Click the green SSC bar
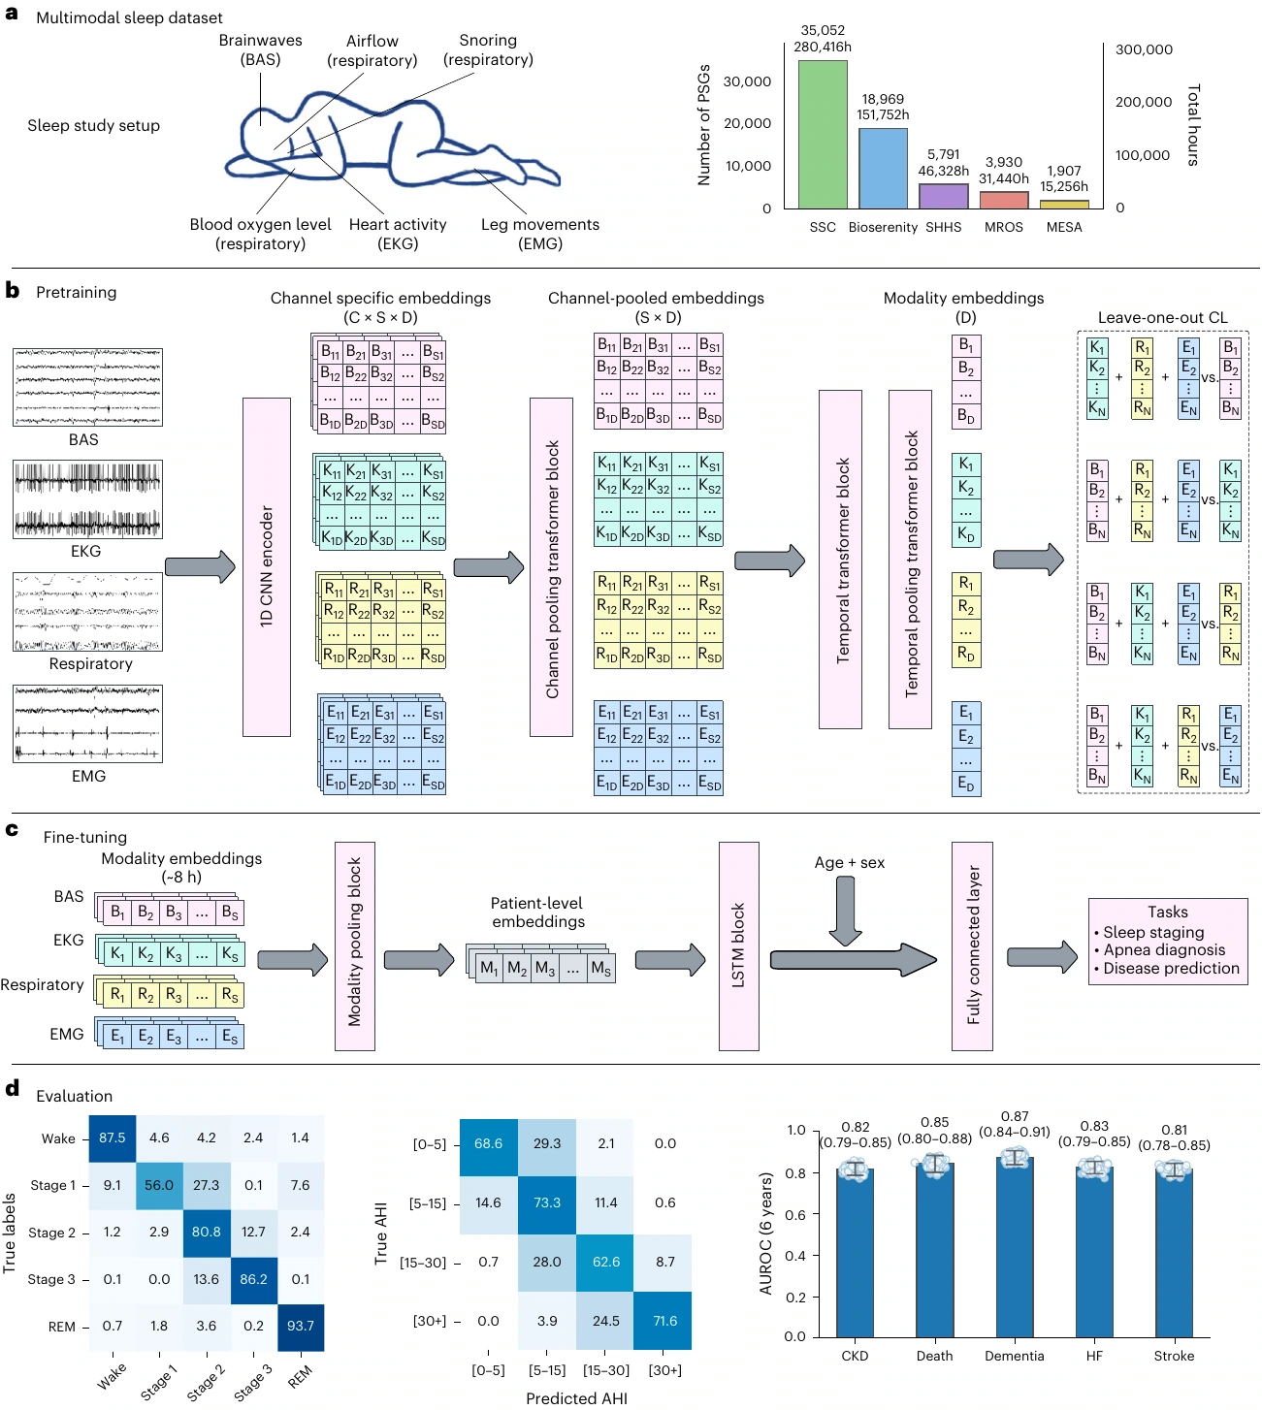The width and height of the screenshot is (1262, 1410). point(822,135)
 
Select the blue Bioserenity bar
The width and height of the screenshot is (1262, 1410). point(883,169)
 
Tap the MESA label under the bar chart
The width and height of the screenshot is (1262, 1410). point(1063,228)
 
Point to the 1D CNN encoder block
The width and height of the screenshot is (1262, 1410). point(267,566)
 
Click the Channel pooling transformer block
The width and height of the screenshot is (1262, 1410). point(551,566)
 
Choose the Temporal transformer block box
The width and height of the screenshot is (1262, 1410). point(840,559)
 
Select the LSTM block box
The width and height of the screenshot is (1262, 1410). point(738,945)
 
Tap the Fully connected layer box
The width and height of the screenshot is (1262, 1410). point(972,945)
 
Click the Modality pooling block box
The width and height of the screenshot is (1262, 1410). point(355,945)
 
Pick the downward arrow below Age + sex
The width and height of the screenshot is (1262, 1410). point(846,911)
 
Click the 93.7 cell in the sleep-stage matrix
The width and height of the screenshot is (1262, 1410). point(301,1326)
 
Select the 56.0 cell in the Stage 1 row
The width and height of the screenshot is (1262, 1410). point(159,1185)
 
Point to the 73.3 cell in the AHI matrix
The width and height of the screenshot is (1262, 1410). point(547,1202)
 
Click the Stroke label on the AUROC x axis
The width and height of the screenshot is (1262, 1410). point(1174,1356)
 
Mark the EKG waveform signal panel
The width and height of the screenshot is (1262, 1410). point(87,499)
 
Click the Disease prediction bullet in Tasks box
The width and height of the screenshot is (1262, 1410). point(1167,968)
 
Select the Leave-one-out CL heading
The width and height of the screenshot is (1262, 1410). point(1162,317)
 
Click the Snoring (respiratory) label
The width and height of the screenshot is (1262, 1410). point(488,50)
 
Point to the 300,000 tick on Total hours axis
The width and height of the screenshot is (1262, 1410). point(1144,49)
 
